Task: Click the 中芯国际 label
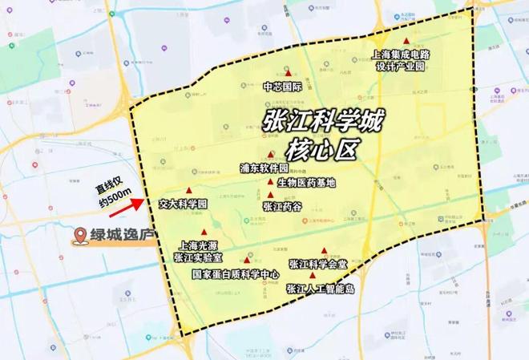click(281, 86)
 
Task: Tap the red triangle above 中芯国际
click(288, 73)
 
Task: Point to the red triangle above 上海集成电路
click(406, 41)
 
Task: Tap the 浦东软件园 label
click(264, 169)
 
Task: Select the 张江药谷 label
click(281, 206)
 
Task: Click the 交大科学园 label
click(184, 204)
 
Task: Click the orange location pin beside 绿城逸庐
click(80, 236)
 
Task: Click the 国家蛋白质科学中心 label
click(236, 273)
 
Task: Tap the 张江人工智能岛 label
click(320, 288)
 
